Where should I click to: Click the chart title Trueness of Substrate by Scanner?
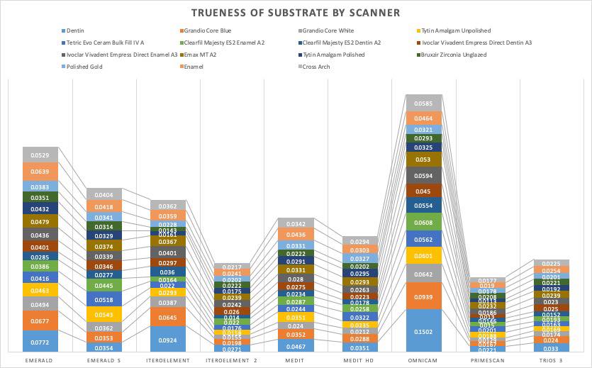(296, 12)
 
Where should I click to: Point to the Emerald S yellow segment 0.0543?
(104, 314)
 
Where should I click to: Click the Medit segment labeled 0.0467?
(296, 345)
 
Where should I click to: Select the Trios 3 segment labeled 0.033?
(551, 348)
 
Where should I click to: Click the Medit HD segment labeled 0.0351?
(359, 348)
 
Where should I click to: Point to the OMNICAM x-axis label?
(424, 359)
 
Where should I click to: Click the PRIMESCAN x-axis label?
(487, 359)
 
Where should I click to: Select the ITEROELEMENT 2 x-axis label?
(232, 359)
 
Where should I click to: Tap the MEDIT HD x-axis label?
(359, 359)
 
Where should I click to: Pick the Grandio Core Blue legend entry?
(206, 30)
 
